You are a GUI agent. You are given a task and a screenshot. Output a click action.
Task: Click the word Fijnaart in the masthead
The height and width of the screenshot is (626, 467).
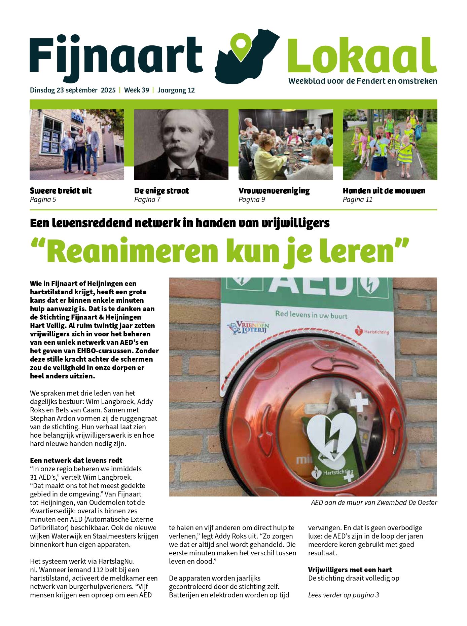pyautogui.click(x=116, y=56)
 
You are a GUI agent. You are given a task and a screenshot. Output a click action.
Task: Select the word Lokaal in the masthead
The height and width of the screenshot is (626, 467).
pyautogui.click(x=362, y=56)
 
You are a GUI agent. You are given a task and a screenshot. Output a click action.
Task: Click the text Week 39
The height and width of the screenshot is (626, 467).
pyautogui.click(x=136, y=90)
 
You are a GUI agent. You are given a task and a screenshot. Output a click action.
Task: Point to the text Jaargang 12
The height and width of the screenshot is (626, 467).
pyautogui.click(x=176, y=90)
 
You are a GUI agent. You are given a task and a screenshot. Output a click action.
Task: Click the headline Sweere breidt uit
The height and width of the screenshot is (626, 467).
pyautogui.click(x=61, y=191)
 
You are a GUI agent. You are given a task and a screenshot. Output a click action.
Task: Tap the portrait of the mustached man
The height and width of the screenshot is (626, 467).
pyautogui.click(x=181, y=145)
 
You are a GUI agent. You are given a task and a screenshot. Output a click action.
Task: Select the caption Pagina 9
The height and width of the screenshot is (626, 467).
pyautogui.click(x=252, y=199)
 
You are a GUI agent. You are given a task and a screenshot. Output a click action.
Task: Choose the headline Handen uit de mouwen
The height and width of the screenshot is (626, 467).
pyautogui.click(x=384, y=191)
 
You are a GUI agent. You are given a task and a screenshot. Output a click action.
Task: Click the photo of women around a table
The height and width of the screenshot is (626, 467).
pyautogui.click(x=286, y=145)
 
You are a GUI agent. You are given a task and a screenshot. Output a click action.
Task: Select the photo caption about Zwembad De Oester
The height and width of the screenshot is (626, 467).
pyautogui.click(x=374, y=503)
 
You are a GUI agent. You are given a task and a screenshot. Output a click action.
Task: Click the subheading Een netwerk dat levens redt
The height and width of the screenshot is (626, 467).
pyautogui.click(x=76, y=460)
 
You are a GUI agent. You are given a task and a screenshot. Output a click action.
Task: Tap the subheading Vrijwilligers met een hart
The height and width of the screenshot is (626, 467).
pyautogui.click(x=350, y=569)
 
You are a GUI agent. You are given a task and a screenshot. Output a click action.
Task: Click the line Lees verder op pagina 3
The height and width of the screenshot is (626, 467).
pyautogui.click(x=344, y=595)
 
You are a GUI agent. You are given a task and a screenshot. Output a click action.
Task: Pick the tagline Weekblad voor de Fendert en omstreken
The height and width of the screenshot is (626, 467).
pyautogui.click(x=363, y=81)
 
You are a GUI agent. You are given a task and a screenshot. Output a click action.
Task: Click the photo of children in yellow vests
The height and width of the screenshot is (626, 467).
pyautogui.click(x=390, y=145)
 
